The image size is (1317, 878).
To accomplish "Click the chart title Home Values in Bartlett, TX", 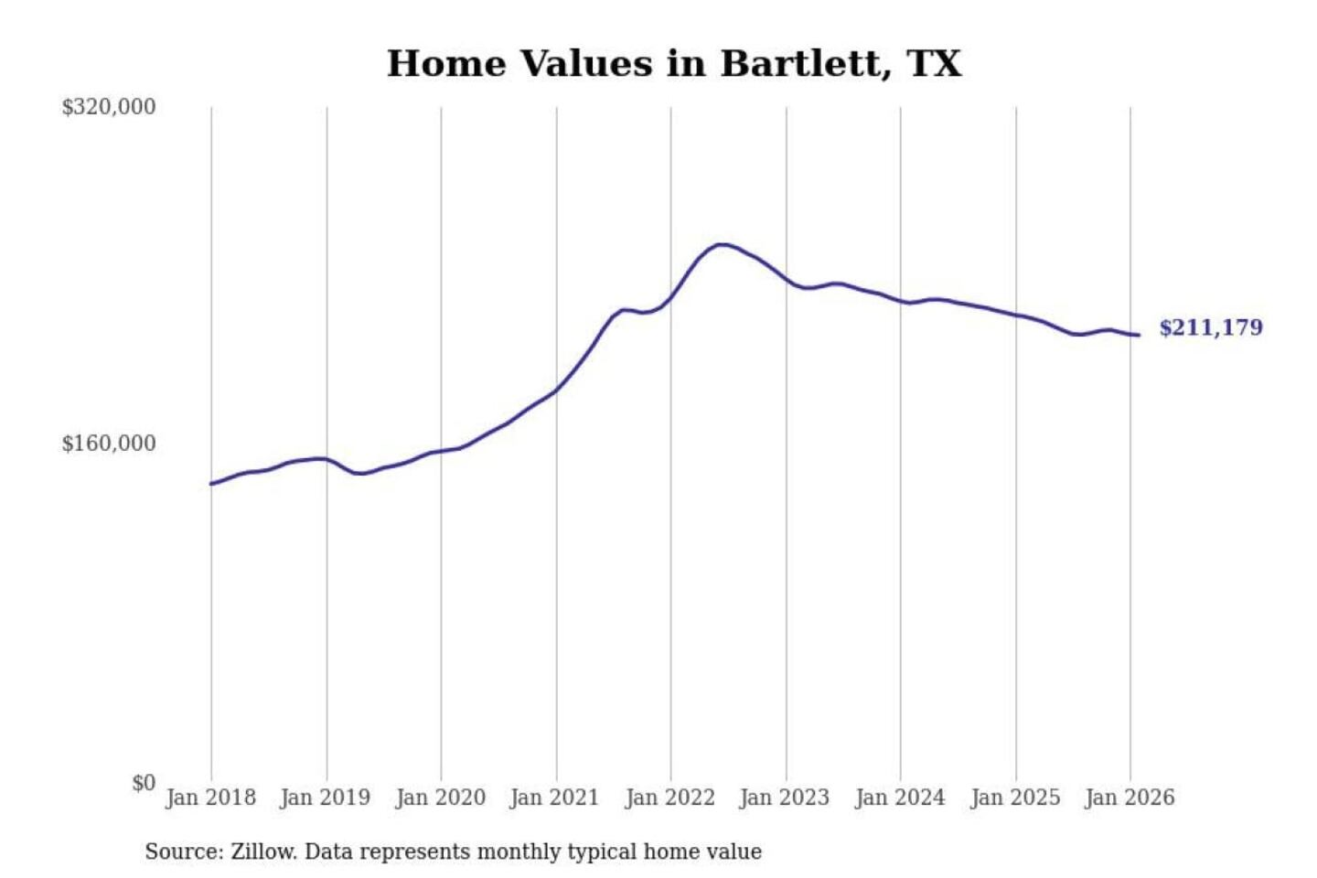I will pos(674,64).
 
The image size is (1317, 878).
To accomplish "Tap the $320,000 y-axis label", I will pos(109,107).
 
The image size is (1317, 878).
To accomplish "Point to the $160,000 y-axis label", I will pos(109,444).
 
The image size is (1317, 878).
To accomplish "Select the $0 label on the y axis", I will pos(144,783).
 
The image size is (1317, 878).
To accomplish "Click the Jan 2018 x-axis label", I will pos(210,798).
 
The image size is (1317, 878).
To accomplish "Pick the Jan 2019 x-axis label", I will pos(326,798).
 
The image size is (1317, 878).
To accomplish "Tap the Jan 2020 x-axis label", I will pos(440,798).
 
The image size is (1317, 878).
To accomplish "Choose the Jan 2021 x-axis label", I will pos(555,798).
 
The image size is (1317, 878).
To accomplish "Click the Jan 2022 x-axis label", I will pos(669,798).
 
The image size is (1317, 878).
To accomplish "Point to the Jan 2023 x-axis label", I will pos(785,798).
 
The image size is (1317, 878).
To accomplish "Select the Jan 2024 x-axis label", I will pos(900,798).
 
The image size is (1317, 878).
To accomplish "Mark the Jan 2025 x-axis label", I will pos(1015,798).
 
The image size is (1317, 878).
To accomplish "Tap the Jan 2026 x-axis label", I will pos(1130,798).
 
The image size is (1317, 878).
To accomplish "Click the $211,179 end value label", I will pos(1211,327).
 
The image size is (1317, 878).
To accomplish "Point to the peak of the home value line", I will pos(722,244).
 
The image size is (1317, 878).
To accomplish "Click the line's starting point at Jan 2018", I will pos(212,483).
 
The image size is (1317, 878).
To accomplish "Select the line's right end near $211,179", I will pos(1139,335).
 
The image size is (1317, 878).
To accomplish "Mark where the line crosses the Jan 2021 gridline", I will pos(556,391).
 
